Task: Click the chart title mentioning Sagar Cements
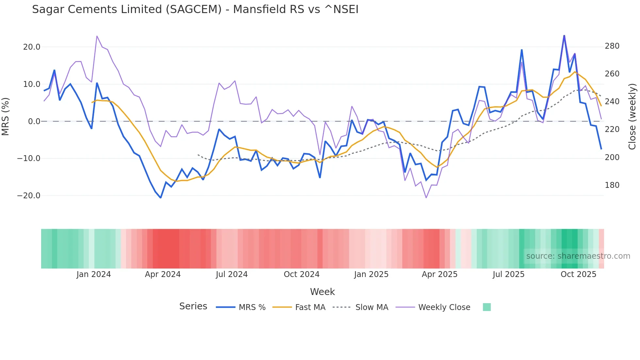(195, 9)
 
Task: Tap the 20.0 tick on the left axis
(32, 47)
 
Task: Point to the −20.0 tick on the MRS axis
(29, 196)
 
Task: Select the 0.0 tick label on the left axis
(34, 122)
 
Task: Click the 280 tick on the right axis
(612, 46)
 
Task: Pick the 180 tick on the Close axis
(612, 185)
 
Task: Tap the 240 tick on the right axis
(612, 102)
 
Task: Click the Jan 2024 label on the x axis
(94, 274)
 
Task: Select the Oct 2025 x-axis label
(578, 274)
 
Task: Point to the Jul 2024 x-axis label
(232, 274)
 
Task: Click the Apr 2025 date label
(440, 274)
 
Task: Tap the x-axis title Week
(322, 292)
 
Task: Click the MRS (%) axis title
(6, 117)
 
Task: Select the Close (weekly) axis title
(632, 117)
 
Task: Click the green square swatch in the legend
(487, 307)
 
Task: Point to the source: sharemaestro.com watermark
(578, 256)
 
